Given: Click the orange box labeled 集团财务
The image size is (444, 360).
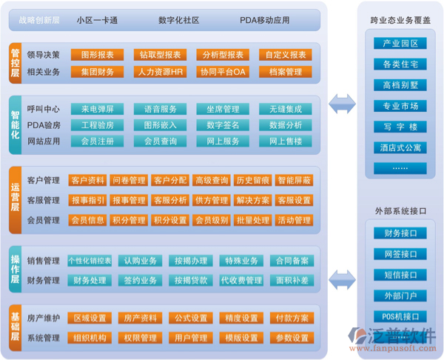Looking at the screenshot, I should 97,72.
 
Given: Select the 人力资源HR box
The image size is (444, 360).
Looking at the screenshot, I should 159,72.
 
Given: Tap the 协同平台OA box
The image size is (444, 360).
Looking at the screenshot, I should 222,72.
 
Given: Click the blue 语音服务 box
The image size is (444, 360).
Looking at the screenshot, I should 159,109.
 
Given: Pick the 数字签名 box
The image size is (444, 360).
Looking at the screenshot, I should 222,125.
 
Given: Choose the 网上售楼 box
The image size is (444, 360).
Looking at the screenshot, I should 285,141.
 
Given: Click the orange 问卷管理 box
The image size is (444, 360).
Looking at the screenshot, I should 128,180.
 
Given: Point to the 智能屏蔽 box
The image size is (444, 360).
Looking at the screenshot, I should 294,180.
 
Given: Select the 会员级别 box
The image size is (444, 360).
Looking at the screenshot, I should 211,220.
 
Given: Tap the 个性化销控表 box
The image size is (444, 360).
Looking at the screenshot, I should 89,261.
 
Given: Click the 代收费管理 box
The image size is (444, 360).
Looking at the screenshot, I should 241,281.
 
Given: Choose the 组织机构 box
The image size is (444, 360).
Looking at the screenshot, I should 89,338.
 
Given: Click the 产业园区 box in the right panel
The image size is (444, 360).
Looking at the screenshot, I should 400,44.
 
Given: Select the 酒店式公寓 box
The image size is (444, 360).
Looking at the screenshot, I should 400,147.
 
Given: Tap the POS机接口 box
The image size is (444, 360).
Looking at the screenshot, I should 400,317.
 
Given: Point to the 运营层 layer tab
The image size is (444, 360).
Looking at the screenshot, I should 15,198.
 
